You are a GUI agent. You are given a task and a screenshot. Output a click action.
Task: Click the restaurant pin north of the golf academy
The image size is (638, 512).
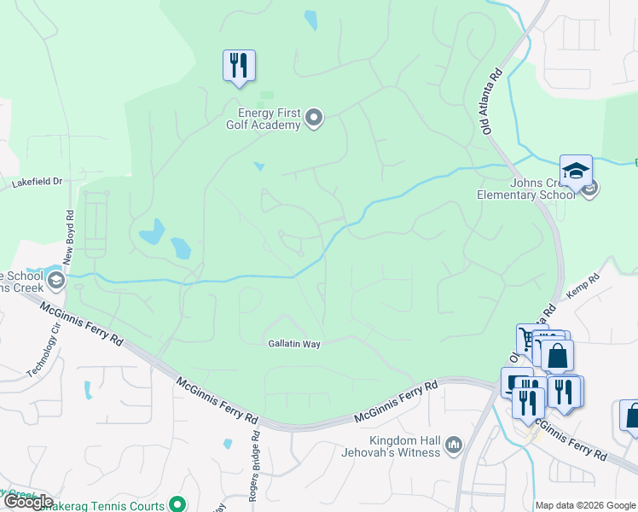click(x=239, y=66)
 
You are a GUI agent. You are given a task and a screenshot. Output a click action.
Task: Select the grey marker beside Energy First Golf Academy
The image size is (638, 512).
click(x=314, y=118)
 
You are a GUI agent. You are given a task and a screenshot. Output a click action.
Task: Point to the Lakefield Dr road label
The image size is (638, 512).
click(x=38, y=182)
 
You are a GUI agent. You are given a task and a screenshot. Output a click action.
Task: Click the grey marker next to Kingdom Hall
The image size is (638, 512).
click(x=453, y=444)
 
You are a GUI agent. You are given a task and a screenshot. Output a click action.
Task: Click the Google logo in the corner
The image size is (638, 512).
click(x=27, y=502)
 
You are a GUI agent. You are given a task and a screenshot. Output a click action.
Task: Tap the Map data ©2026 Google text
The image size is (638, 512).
click(x=585, y=505)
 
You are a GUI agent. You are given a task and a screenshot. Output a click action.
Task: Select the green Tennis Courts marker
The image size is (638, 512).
click(x=177, y=503)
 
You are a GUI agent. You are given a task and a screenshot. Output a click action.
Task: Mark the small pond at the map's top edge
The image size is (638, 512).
click(x=310, y=19)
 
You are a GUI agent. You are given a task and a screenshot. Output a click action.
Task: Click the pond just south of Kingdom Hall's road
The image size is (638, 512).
click(x=227, y=444)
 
